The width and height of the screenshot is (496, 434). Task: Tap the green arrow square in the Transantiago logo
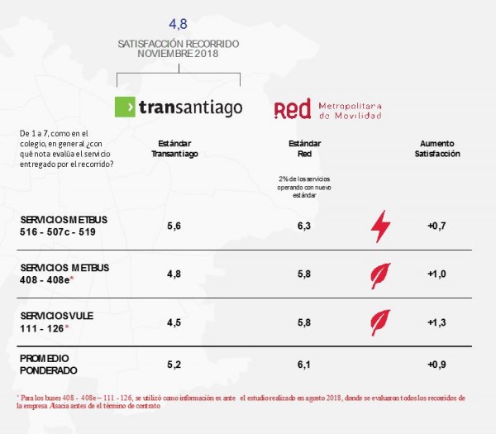point(125,107)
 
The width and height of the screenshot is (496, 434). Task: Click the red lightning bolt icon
point(380,227)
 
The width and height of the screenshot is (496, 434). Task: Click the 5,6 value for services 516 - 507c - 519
point(174,226)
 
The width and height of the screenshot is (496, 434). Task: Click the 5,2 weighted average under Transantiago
point(174,365)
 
